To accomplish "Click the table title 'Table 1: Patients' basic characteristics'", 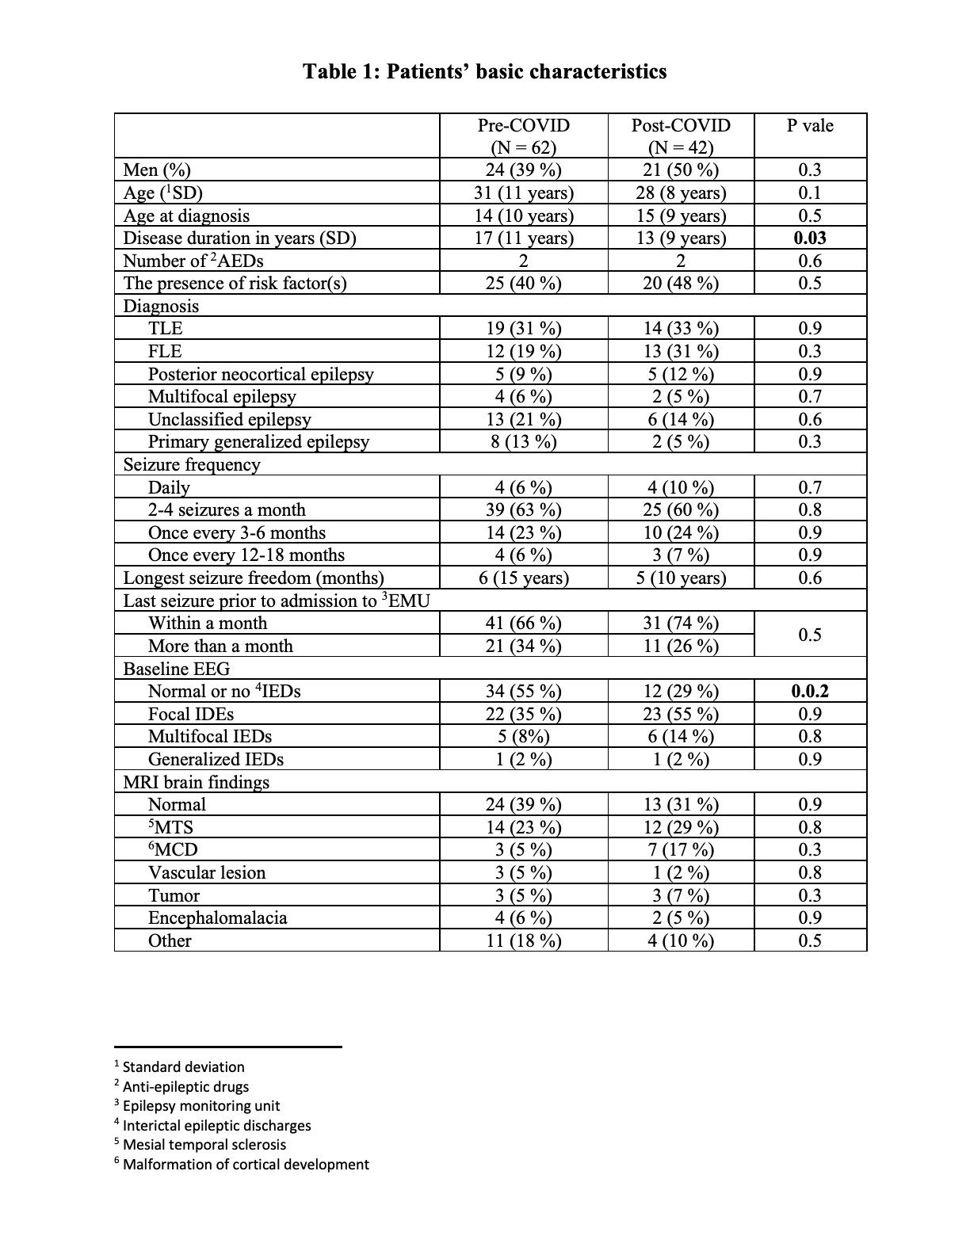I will pyautogui.click(x=484, y=72).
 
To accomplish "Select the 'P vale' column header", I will pyautogui.click(x=810, y=125).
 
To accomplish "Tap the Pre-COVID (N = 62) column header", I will pyautogui.click(x=523, y=136).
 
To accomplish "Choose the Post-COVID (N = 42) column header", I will pyautogui.click(x=681, y=136).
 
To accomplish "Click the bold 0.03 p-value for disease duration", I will pyautogui.click(x=810, y=238).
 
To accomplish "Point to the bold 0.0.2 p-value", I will pyautogui.click(x=810, y=691).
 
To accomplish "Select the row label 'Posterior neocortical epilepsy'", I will pyautogui.click(x=261, y=374).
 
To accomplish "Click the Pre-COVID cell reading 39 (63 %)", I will pyautogui.click(x=523, y=509).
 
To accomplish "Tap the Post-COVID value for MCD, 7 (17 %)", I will pyautogui.click(x=681, y=850).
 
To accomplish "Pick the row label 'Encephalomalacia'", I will pyautogui.click(x=217, y=918).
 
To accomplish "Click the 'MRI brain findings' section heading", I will pyautogui.click(x=197, y=782).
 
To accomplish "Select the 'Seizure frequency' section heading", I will pyautogui.click(x=192, y=464).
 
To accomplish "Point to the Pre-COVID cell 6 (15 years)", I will pyautogui.click(x=523, y=578).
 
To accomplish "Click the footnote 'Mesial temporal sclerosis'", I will pyautogui.click(x=204, y=1144).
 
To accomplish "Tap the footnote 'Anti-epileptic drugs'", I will pyautogui.click(x=185, y=1086).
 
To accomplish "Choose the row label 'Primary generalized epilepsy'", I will pyautogui.click(x=258, y=441).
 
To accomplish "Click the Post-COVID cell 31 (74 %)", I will pyautogui.click(x=681, y=623).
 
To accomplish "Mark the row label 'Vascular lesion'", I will pyautogui.click(x=207, y=872).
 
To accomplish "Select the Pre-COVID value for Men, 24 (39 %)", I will pyautogui.click(x=523, y=170).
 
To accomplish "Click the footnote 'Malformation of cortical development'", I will pyautogui.click(x=246, y=1164).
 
